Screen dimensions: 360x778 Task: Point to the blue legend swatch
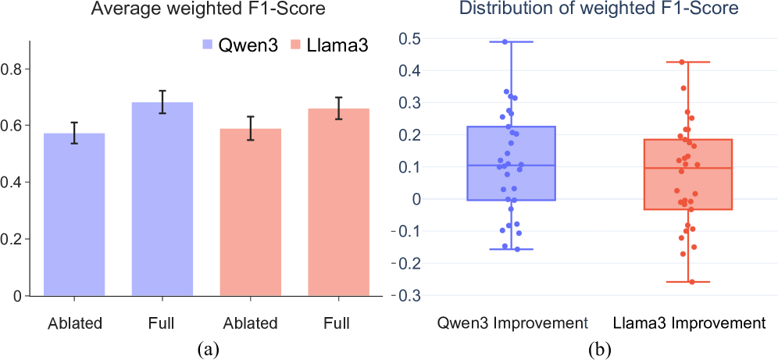208,45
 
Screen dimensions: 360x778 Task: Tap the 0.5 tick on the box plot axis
410,38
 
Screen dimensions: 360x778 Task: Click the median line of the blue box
511,166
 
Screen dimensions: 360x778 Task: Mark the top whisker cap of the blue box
511,41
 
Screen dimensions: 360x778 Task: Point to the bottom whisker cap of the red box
688,281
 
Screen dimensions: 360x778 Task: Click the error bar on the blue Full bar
162,102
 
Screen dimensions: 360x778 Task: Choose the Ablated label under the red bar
251,323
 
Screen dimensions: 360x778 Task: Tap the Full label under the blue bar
162,323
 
